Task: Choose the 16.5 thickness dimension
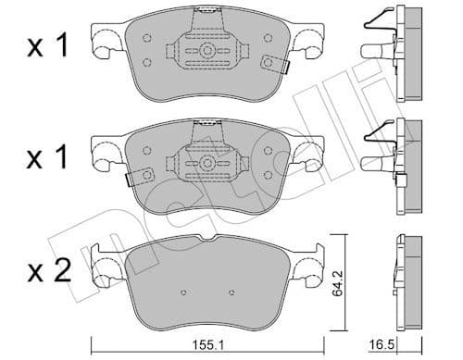point(408,344)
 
